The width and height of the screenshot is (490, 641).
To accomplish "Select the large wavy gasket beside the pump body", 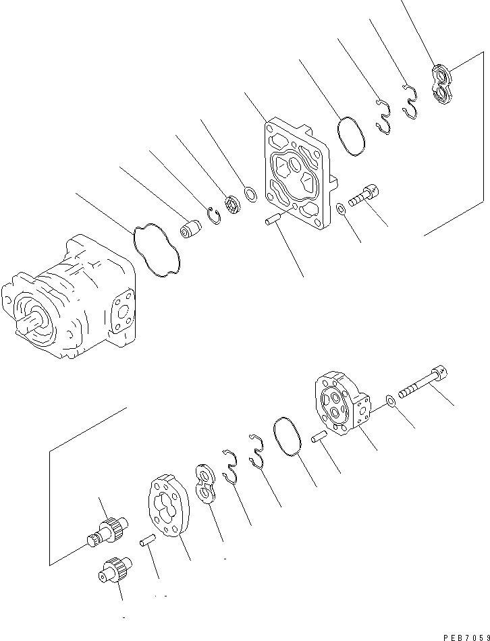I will coord(157,249).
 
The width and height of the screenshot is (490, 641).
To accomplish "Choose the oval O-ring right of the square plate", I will coord(351,136).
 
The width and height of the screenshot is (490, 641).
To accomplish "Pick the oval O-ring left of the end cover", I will coord(288,438).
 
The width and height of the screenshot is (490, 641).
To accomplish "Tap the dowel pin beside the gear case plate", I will coord(148,540).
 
